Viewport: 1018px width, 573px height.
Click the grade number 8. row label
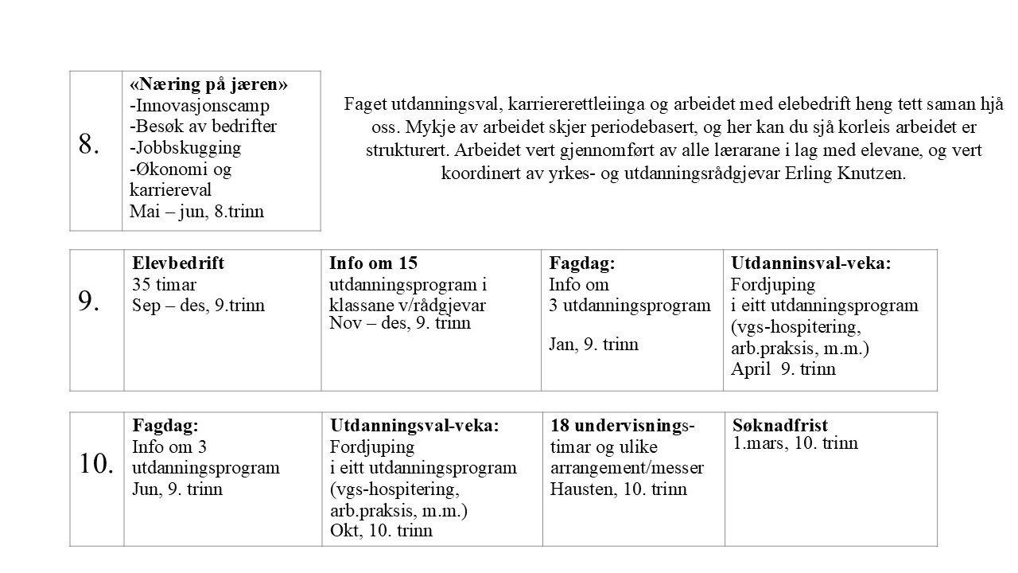point(89,145)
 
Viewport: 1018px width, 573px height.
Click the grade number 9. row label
point(89,301)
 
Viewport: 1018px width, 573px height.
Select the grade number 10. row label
point(96,464)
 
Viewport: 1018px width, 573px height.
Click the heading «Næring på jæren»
point(208,84)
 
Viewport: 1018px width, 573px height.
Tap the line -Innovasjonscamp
point(199,105)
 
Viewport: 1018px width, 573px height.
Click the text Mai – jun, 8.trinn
point(196,212)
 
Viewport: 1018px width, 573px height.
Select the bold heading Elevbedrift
point(178,263)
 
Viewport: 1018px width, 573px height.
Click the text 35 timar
point(164,285)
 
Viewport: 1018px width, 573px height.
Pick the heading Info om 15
point(373,263)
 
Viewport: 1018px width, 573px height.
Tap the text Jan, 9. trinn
point(593,345)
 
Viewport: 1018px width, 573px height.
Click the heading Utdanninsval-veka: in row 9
point(811,263)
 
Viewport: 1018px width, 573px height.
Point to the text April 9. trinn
point(783,369)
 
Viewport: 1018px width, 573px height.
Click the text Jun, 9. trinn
point(177,489)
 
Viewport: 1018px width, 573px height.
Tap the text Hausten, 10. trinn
point(618,489)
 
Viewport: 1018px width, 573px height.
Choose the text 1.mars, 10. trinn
point(795,443)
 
